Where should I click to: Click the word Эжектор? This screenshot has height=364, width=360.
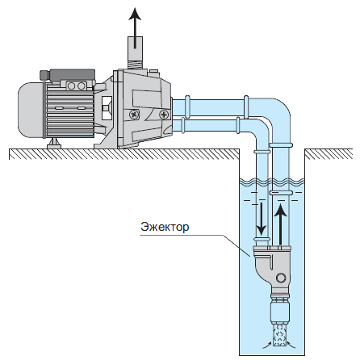pyautogui.click(x=165, y=227)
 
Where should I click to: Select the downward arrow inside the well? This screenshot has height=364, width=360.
pyautogui.click(x=261, y=219)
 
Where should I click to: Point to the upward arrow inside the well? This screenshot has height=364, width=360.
pyautogui.click(x=281, y=224)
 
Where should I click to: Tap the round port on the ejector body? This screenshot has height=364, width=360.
pyautogui.click(x=281, y=278)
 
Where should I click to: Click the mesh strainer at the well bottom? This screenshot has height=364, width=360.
pyautogui.click(x=280, y=334)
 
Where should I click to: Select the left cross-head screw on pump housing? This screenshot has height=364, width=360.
pyautogui.click(x=134, y=115)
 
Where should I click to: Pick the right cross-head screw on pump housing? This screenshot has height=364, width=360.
pyautogui.click(x=164, y=115)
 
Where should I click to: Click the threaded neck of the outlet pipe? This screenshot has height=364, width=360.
pyautogui.click(x=135, y=65)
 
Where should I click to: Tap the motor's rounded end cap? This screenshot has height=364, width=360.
pyautogui.click(x=31, y=110)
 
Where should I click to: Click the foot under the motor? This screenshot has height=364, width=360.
pyautogui.click(x=54, y=144)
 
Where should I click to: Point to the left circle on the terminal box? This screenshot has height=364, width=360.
pyautogui.click(x=71, y=86)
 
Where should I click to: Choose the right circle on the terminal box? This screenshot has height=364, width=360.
pyautogui.click(x=81, y=86)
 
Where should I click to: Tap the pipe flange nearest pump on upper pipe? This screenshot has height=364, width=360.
pyautogui.click(x=187, y=107)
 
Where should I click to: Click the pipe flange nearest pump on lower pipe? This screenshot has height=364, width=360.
pyautogui.click(x=183, y=125)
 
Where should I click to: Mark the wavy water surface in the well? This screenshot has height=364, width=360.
pyautogui.click(x=272, y=182)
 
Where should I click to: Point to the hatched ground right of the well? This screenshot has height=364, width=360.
pyautogui.click(x=329, y=153)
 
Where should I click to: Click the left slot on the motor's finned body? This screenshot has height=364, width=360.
pyautogui.click(x=60, y=108)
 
